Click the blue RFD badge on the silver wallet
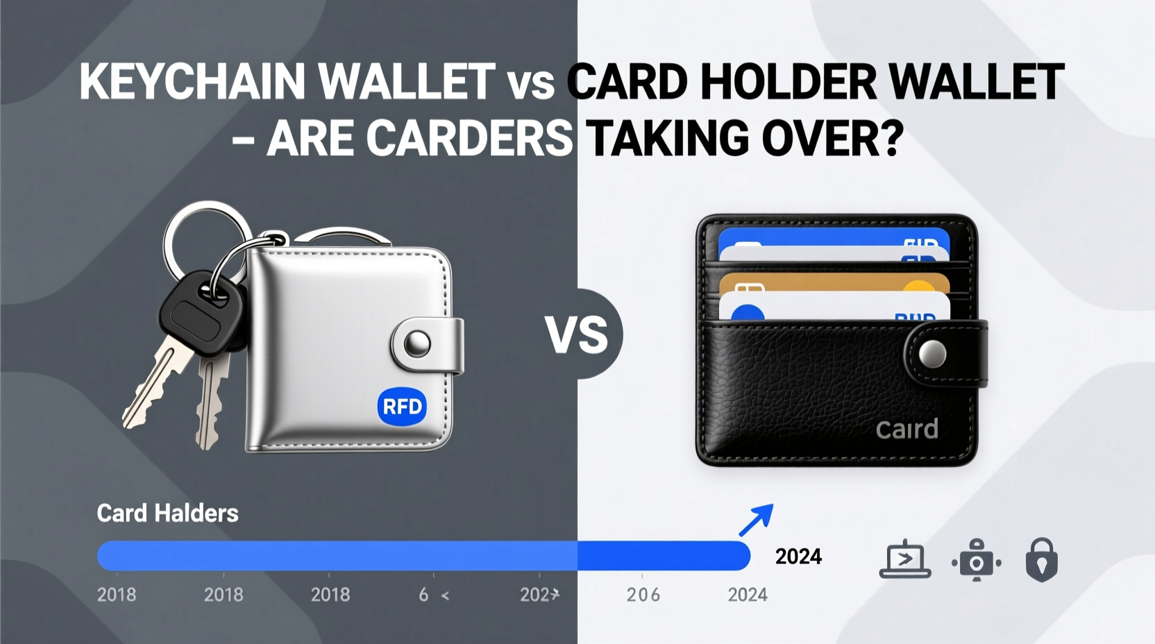(402, 406)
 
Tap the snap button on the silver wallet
(417, 343)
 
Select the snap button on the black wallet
(932, 354)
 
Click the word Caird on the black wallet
(907, 430)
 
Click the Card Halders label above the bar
(167, 514)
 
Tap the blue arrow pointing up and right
(756, 520)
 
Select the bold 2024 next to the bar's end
(798, 557)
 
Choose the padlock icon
(1041, 559)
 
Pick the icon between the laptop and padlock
(977, 559)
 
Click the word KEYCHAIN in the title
(192, 83)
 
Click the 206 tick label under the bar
(643, 595)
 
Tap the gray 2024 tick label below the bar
(747, 595)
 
